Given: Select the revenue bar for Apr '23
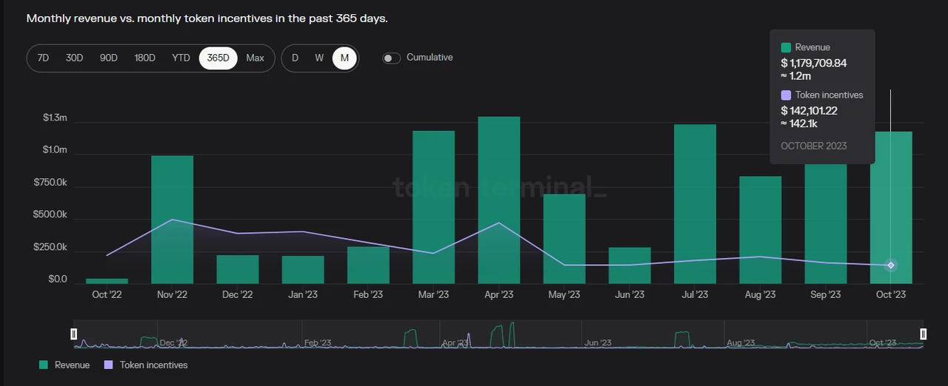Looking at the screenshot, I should pyautogui.click(x=498, y=200).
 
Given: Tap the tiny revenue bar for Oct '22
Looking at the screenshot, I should pyautogui.click(x=107, y=281).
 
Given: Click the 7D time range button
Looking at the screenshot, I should pyautogui.click(x=43, y=58).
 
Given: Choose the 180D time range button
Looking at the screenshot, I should pyautogui.click(x=144, y=58).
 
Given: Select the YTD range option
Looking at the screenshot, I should pyautogui.click(x=181, y=58).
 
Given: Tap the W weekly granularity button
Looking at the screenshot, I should pyautogui.click(x=319, y=58).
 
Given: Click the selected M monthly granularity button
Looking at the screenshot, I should pyautogui.click(x=344, y=58).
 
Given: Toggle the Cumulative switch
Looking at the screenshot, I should pyautogui.click(x=391, y=58).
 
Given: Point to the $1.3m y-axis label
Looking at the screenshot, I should pyautogui.click(x=55, y=118).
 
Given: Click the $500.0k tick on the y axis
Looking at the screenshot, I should pyautogui.click(x=50, y=214).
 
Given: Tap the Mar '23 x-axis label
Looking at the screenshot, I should pyautogui.click(x=433, y=294).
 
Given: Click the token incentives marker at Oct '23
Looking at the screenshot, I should pyautogui.click(x=891, y=265).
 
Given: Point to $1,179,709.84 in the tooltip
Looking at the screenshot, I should pyautogui.click(x=813, y=63).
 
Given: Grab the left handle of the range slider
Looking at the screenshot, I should pyautogui.click(x=73, y=334).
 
